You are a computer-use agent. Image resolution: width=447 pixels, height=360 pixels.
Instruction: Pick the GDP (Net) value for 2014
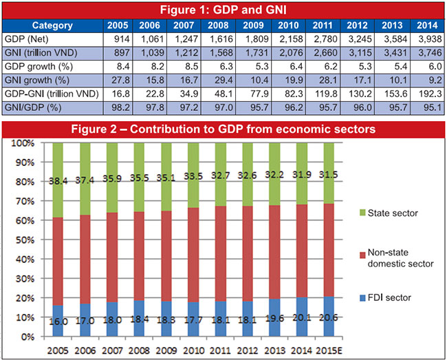pyautogui.click(x=426, y=39)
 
